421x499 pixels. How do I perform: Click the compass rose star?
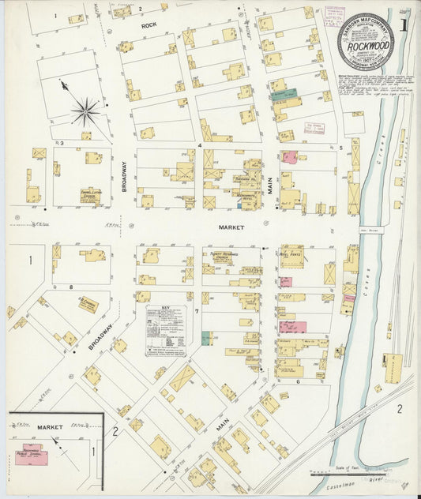tap(85, 109)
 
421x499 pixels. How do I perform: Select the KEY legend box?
tap(167, 325)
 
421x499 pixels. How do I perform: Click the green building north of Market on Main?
tap(282, 94)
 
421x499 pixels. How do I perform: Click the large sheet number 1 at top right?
tap(403, 23)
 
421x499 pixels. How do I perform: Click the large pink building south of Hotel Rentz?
tap(292, 326)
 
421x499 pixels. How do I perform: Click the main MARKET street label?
tap(231, 227)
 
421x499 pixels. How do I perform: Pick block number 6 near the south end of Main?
tap(298, 381)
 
